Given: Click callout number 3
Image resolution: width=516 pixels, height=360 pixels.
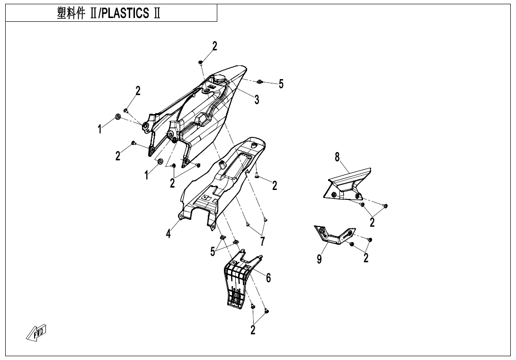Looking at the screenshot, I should point(256,99).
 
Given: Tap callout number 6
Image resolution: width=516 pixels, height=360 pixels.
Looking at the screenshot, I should point(268,278).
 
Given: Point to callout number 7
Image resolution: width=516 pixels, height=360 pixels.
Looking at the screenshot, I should point(262,241).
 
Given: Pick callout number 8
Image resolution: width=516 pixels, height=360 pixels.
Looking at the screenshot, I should point(338,157).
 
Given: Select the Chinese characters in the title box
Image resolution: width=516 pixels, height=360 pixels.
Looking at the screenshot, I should point(73,13).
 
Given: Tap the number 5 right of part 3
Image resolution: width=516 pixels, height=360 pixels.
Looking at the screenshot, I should point(281,84).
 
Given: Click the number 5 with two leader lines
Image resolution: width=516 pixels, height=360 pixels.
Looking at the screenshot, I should point(213,251).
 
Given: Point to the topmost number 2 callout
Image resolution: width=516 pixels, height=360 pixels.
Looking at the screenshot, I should point(215,46).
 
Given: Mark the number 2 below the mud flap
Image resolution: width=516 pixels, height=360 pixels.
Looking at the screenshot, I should point(253,330).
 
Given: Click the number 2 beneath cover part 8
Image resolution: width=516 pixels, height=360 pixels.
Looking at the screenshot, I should point(373,222).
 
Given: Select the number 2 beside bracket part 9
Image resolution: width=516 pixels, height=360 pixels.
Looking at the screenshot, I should point(366,258).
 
